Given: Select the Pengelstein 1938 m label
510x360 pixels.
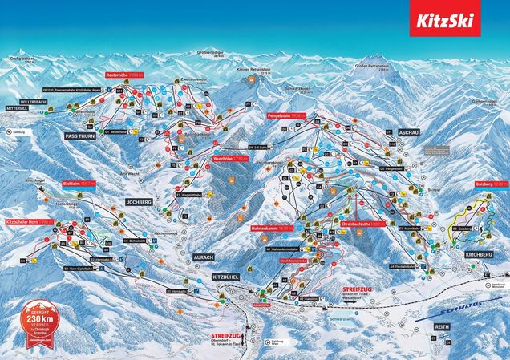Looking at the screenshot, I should [285, 115].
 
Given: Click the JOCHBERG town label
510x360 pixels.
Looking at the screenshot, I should [139, 203].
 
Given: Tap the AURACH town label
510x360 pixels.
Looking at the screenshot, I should [204, 257].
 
